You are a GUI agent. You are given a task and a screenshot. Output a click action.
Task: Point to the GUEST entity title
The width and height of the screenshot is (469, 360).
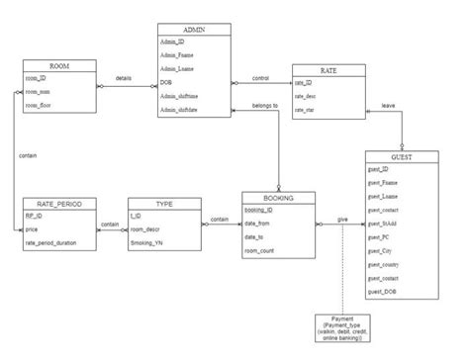(401, 157)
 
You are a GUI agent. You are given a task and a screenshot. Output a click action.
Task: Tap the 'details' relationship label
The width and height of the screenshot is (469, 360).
(124, 77)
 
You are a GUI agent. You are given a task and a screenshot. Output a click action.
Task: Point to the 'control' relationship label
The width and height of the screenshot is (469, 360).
(260, 77)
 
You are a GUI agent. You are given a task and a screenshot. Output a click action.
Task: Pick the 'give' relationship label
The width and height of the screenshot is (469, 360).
(341, 219)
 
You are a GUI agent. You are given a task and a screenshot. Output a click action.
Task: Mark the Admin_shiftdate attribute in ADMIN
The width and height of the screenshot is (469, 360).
(184, 110)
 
